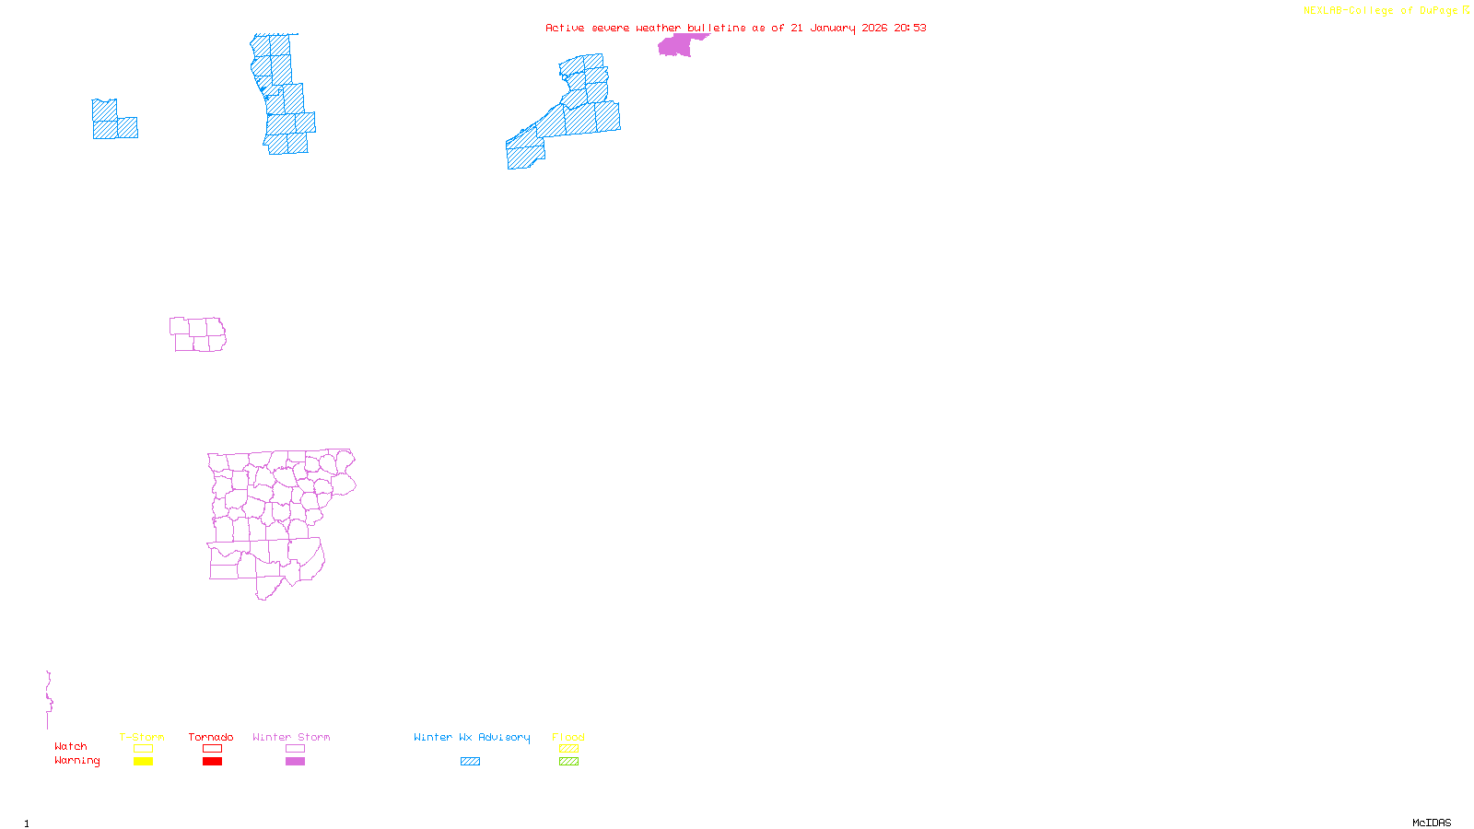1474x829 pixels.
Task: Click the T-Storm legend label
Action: [142, 737]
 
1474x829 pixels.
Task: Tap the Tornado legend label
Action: [211, 737]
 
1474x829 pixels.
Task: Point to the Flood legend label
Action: [568, 737]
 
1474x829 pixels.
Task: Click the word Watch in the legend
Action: [71, 746]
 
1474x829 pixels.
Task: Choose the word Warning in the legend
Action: [77, 761]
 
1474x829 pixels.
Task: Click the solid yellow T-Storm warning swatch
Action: [143, 762]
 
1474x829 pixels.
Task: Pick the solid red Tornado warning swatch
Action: [213, 762]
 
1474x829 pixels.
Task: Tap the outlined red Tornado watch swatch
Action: [213, 749]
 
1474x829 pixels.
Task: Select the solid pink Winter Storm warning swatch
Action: [295, 762]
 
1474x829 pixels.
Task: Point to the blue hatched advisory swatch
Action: [470, 762]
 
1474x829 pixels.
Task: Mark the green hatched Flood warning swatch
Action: [568, 762]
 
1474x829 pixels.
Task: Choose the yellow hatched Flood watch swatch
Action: [568, 749]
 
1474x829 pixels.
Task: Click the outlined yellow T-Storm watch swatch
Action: [143, 749]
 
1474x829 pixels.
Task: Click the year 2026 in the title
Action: [875, 28]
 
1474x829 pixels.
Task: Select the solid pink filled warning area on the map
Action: [676, 45]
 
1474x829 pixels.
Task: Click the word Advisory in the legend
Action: [504, 737]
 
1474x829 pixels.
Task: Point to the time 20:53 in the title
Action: [910, 28]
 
